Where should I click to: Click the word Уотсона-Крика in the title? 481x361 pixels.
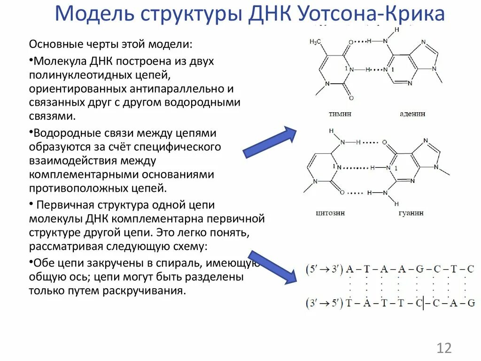coord(371,14)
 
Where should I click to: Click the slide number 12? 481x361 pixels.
coord(444,348)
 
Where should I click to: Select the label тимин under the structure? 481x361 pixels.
coord(340,114)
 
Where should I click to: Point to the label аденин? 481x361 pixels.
coord(413,114)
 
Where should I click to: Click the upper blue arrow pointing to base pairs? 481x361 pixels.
coord(270,142)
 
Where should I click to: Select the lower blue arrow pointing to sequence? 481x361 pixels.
coord(272,267)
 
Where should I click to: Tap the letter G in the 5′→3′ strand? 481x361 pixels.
coord(419,270)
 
